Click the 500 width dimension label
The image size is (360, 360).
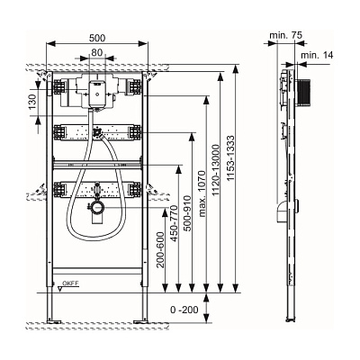[97, 38]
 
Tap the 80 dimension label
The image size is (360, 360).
[97, 52]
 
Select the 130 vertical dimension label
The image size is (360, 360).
[32, 101]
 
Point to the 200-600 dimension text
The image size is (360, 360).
[161, 249]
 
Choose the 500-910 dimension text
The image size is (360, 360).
[187, 213]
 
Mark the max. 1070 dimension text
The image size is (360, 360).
[202, 193]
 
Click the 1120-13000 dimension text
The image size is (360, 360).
[216, 170]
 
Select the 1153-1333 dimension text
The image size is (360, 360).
[230, 158]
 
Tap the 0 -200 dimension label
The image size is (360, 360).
[184, 310]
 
